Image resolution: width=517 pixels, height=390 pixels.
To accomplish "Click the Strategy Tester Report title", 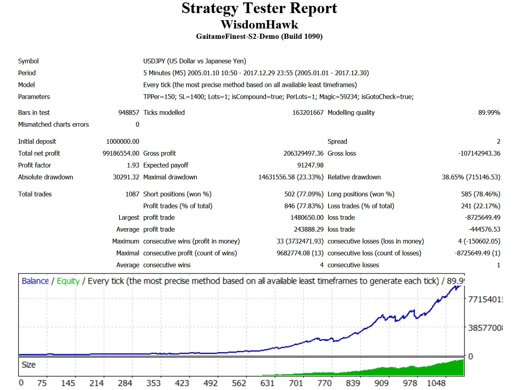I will point(259,8).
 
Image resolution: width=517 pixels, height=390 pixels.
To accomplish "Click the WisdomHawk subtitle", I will point(259,25).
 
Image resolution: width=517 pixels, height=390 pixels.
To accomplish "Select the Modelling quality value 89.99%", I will point(489,112).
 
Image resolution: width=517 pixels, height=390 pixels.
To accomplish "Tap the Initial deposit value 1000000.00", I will point(123,141).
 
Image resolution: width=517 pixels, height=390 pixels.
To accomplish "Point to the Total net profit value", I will point(121,153).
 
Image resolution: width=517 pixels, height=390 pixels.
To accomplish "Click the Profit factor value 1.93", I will point(133,165).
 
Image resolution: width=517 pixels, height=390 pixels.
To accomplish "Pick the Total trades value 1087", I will point(132,194).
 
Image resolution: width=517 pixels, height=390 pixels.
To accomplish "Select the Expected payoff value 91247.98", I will point(310,165).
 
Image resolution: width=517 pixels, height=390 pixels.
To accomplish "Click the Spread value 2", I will point(498,141).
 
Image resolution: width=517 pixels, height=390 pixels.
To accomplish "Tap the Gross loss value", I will point(479,153).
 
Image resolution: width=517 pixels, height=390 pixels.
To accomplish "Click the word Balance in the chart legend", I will point(35,281).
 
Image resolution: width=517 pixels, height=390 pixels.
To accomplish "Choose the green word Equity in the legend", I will point(68,281).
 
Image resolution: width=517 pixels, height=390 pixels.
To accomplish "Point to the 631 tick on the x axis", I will point(267,383).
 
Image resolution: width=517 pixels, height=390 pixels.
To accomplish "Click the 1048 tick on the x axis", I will point(436,383).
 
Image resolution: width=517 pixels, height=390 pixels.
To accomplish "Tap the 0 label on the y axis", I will point(470,356).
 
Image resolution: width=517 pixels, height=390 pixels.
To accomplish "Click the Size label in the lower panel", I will point(29,365).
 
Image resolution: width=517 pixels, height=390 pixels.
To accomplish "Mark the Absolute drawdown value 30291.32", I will point(126,177).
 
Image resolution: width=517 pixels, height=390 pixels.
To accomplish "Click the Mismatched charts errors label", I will point(53,124).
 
